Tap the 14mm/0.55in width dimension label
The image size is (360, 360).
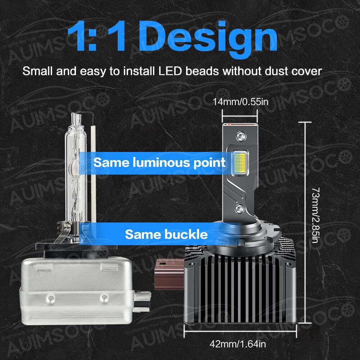tap(240, 102)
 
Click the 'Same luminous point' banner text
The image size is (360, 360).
tap(159, 162)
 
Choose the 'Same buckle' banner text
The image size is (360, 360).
tap(166, 235)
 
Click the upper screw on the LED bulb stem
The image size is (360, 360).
tap(240, 136)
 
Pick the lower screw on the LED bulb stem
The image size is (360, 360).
tap(240, 208)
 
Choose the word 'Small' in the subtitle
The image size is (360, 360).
tap(37, 71)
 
